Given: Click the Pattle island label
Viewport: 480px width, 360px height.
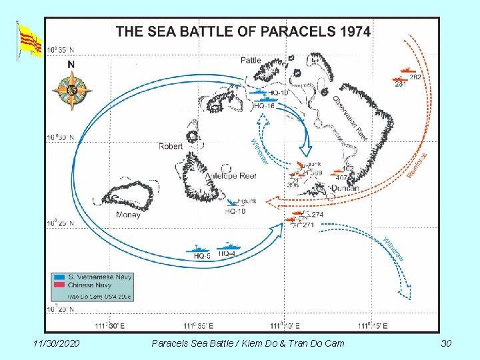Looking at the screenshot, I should pos(251,61).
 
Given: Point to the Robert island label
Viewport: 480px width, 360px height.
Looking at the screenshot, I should pos(171,146).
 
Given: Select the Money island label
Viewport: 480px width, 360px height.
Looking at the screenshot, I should pos(128,215).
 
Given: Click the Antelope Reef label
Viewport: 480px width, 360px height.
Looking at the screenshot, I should pos(231,176).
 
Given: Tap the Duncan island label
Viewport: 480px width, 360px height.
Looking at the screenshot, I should pos(345,188).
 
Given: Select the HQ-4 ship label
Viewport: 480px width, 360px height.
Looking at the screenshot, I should pos(227,254).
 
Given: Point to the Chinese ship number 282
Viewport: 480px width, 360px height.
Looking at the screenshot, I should pos(415,77).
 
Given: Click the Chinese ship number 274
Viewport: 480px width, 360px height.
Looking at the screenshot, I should pos(317,215).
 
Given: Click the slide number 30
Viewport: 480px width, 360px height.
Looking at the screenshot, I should pos(446,343).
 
